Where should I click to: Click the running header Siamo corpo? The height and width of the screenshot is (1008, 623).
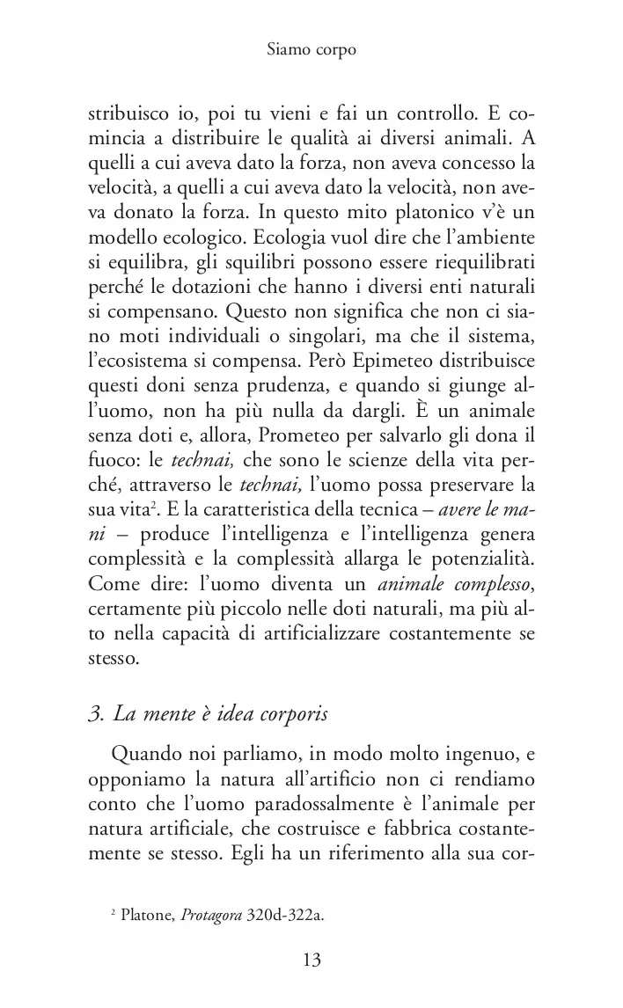311,50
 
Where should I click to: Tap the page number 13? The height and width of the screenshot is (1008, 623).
311,959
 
